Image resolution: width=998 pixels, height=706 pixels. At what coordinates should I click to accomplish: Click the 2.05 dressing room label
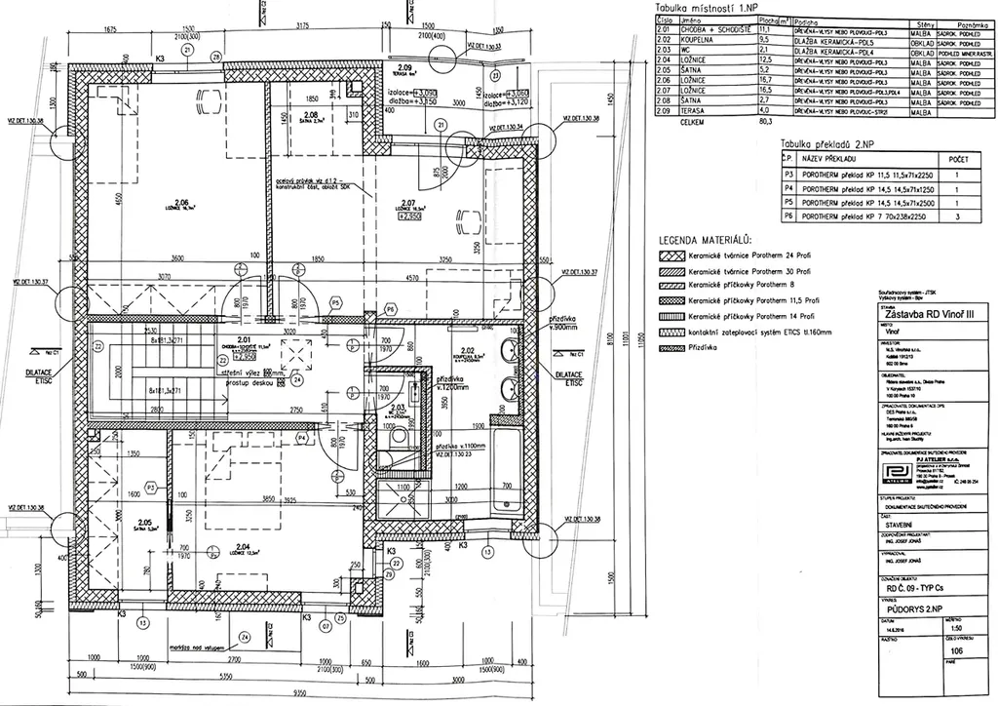(x=146, y=522)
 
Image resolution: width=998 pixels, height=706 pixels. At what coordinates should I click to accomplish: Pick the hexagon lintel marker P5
(x=334, y=303)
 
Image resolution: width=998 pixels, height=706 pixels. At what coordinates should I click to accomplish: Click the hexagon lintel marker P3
(x=150, y=486)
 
